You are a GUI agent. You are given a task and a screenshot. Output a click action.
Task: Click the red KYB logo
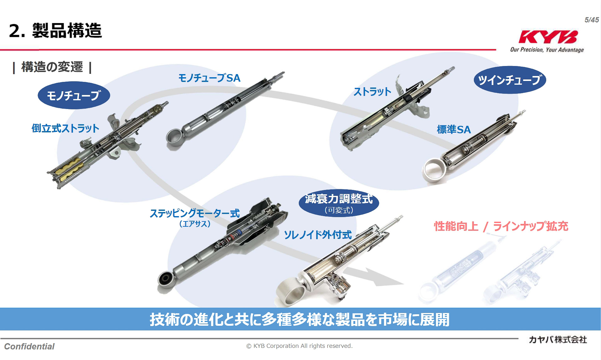pyautogui.click(x=548, y=37)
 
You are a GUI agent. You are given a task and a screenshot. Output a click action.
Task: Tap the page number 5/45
pyautogui.click(x=592, y=20)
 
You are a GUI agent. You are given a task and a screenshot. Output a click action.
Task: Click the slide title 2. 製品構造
pyautogui.click(x=55, y=31)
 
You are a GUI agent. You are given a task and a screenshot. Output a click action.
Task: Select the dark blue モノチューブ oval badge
pyautogui.click(x=74, y=95)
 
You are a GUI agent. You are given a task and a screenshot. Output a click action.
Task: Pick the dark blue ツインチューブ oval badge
pyautogui.click(x=510, y=80)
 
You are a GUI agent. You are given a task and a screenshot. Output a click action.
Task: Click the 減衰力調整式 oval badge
pyautogui.click(x=339, y=203)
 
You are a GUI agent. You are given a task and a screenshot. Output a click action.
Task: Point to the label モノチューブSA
pyautogui.click(x=209, y=78)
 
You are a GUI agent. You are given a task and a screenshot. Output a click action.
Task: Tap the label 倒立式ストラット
pyautogui.click(x=65, y=128)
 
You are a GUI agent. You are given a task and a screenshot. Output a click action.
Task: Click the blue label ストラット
pyautogui.click(x=372, y=92)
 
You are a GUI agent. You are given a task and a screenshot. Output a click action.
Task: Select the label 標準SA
pyautogui.click(x=454, y=129)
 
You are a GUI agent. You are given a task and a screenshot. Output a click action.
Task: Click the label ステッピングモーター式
pyautogui.click(x=195, y=213)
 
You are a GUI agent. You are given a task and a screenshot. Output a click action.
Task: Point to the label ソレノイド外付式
pyautogui.click(x=318, y=235)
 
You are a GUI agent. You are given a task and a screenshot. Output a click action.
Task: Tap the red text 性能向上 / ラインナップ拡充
pyautogui.click(x=501, y=226)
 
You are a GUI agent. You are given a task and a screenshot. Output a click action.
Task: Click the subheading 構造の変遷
pyautogui.click(x=52, y=67)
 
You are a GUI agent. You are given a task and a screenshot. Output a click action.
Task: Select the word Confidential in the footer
pyautogui.click(x=29, y=346)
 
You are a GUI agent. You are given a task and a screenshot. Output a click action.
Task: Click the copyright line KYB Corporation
pyautogui.click(x=299, y=346)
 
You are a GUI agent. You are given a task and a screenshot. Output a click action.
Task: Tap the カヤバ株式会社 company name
pyautogui.click(x=558, y=340)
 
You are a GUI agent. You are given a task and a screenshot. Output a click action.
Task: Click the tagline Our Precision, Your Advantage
pyautogui.click(x=547, y=50)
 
